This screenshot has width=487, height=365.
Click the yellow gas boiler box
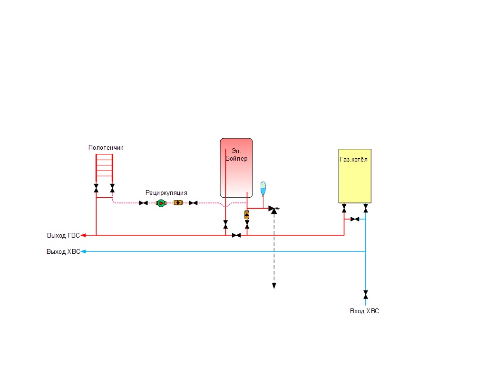pyautogui.click(x=355, y=176)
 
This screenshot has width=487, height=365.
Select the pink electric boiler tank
pyautogui.click(x=236, y=168)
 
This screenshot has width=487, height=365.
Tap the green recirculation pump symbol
pyautogui.click(x=161, y=203)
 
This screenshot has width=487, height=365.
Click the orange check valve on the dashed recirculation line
pyautogui.click(x=178, y=202)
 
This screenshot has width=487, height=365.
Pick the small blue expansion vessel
pyautogui.click(x=263, y=188)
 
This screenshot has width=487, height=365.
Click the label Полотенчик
pyautogui.click(x=106, y=148)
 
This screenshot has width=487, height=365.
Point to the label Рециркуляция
pyautogui.click(x=166, y=193)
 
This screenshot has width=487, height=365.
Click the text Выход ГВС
pyautogui.click(x=63, y=236)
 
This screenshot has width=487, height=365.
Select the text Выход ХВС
pyautogui.click(x=63, y=252)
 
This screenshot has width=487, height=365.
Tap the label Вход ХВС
pyautogui.click(x=364, y=311)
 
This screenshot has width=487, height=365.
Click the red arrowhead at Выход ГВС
pyautogui.click(x=83, y=236)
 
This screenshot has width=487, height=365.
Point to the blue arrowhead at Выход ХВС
pyautogui.click(x=83, y=251)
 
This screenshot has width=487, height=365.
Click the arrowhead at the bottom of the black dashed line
pyautogui.click(x=274, y=286)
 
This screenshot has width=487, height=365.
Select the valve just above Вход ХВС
pyautogui.click(x=366, y=295)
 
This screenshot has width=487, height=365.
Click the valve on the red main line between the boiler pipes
pyautogui.click(x=236, y=236)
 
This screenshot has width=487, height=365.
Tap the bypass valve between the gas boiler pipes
pyautogui.click(x=355, y=219)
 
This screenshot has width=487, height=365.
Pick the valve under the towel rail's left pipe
pyautogui.click(x=96, y=188)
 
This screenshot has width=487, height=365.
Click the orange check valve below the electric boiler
pyautogui.click(x=247, y=215)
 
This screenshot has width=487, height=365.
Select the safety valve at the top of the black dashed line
pyautogui.click(x=273, y=210)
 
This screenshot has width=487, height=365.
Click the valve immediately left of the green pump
pyautogui.click(x=144, y=203)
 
